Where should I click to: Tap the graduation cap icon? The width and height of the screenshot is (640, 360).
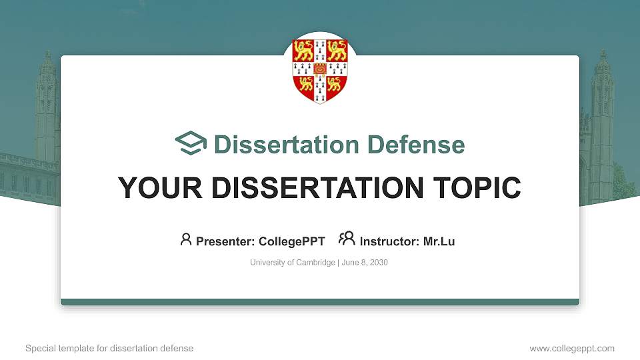tap(191, 144)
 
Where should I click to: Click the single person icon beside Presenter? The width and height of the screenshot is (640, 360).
tap(186, 239)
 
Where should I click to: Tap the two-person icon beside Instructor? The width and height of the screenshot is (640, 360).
tap(347, 239)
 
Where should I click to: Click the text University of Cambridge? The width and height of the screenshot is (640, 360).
tap(293, 263)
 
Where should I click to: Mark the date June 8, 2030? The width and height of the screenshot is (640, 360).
tap(365, 263)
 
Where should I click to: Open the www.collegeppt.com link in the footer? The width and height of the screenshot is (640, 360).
tap(572, 348)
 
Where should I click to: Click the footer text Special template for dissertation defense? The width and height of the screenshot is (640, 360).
tap(109, 348)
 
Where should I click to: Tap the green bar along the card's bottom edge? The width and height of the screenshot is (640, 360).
tap(320, 302)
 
